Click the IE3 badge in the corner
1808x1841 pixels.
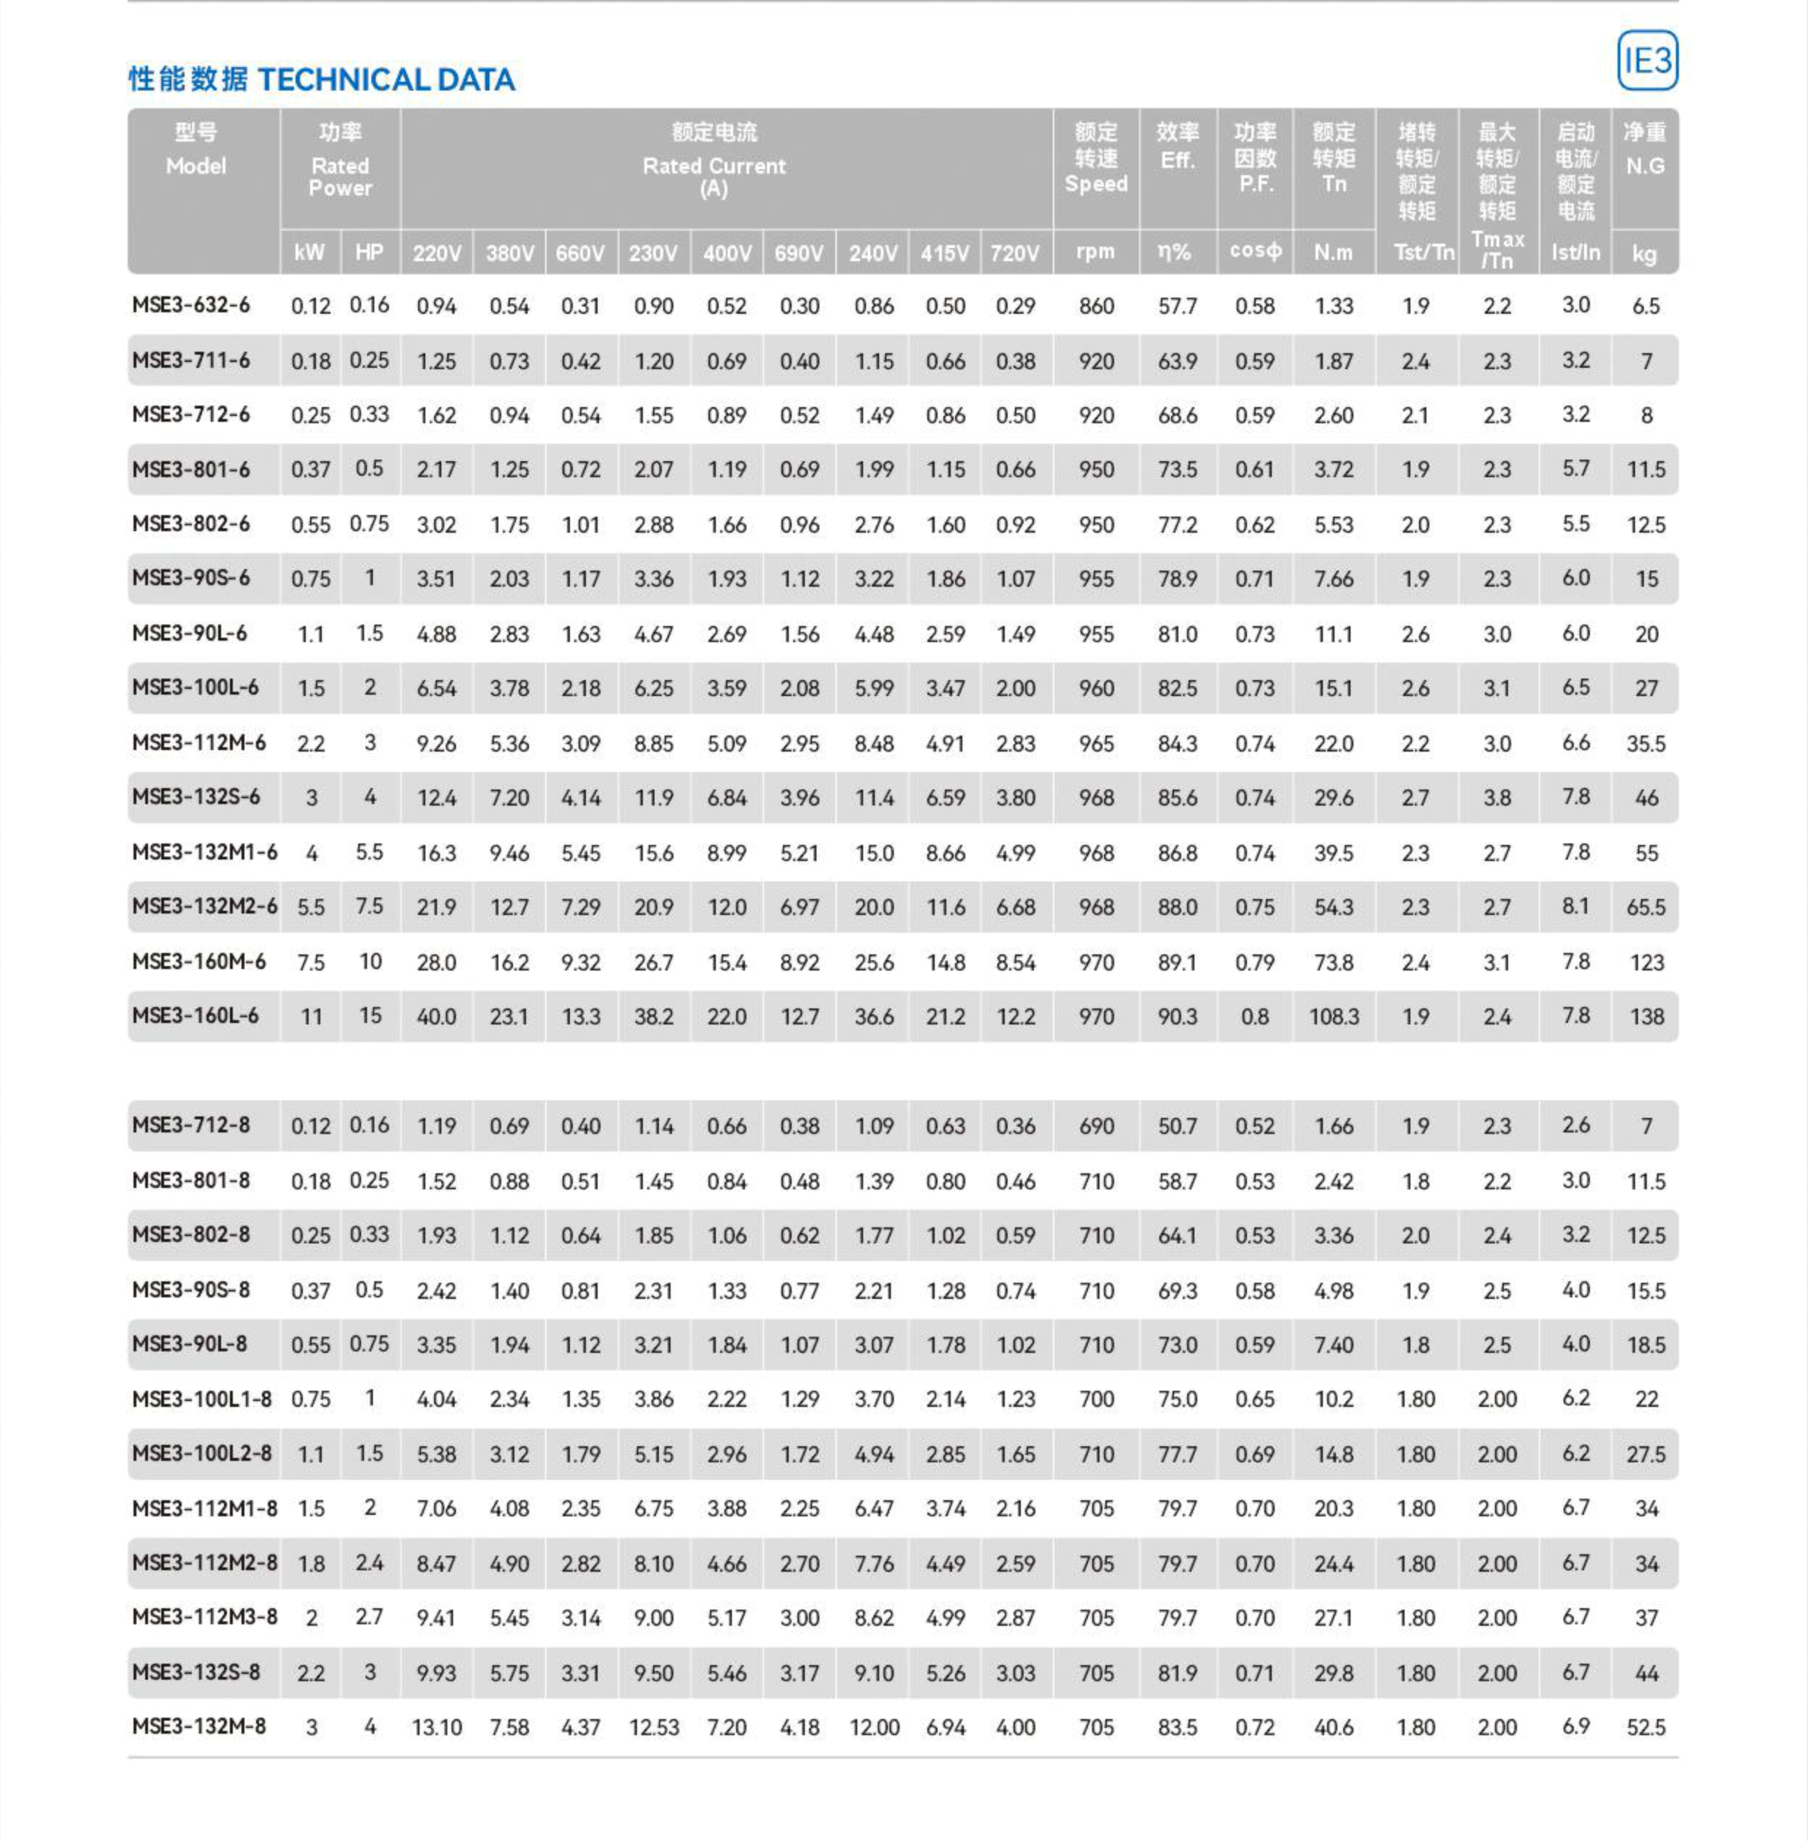tap(1647, 61)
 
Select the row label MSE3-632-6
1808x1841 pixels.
tap(191, 306)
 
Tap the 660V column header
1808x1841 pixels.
tap(580, 253)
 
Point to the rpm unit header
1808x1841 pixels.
tap(1095, 252)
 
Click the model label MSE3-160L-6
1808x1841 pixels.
tap(195, 1016)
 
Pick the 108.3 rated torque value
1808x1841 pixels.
tap(1333, 1017)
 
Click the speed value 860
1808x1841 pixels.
tap(1096, 306)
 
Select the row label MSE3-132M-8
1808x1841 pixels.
tap(198, 1726)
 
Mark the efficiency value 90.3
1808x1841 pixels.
tap(1177, 1017)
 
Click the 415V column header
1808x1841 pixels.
tap(944, 253)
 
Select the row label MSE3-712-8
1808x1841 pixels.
tap(191, 1126)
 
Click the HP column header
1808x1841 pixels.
tap(369, 252)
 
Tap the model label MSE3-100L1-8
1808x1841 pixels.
tap(201, 1399)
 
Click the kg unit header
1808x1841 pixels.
tap(1644, 253)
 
